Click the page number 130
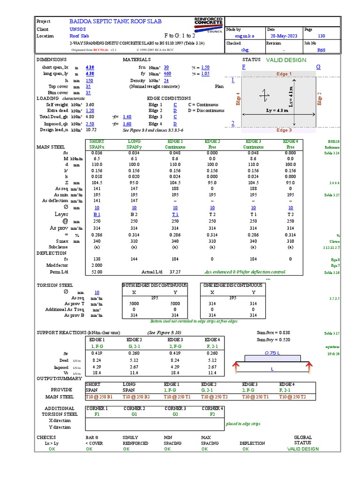point(322,36)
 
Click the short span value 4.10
point(90,67)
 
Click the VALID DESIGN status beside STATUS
point(286,60)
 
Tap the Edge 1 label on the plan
point(284,74)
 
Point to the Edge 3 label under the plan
point(284,130)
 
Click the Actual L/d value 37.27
point(175,271)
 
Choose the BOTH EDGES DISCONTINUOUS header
point(155,285)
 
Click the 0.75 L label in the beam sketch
point(272,352)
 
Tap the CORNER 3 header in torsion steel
point(175,408)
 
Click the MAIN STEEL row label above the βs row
point(51,147)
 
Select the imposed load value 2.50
point(90,124)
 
